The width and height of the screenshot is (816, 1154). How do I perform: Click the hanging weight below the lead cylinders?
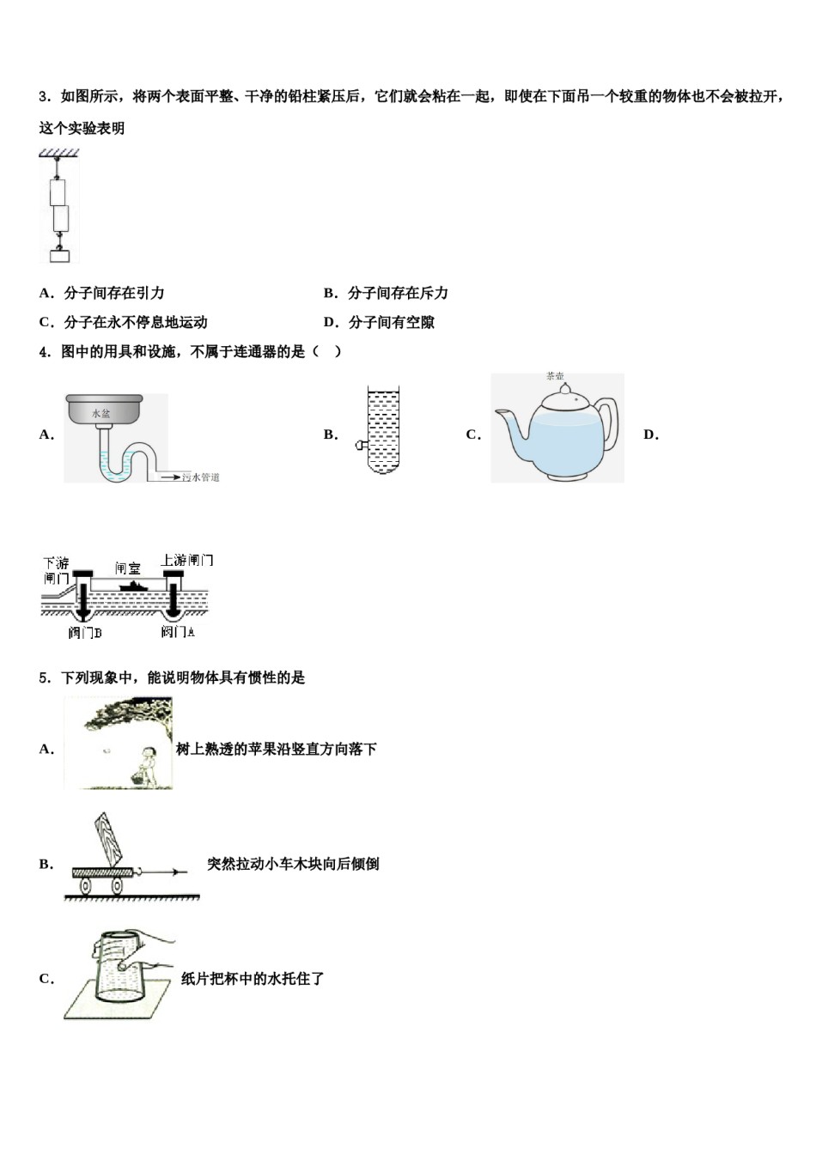(x=59, y=255)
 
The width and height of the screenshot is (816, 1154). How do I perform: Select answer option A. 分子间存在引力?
(x=102, y=294)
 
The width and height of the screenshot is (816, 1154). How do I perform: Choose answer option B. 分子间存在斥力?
(x=387, y=294)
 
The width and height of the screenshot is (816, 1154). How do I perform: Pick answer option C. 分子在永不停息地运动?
(x=124, y=323)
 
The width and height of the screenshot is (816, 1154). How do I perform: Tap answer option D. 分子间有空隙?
(x=380, y=323)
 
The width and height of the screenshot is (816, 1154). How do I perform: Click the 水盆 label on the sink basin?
(x=102, y=413)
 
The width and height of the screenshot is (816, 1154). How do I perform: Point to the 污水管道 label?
(x=201, y=477)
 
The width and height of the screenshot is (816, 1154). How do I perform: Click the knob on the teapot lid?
(x=564, y=390)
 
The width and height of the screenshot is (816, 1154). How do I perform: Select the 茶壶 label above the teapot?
(x=555, y=376)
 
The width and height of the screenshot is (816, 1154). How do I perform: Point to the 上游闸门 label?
(x=187, y=561)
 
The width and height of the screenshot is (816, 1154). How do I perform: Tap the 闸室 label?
(x=128, y=568)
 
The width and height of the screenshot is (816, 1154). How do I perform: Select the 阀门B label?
(x=85, y=634)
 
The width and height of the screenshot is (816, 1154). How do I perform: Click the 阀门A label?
(x=178, y=633)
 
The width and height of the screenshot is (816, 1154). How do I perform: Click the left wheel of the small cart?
(x=87, y=884)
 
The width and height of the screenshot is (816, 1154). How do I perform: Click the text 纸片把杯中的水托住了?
(x=253, y=979)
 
